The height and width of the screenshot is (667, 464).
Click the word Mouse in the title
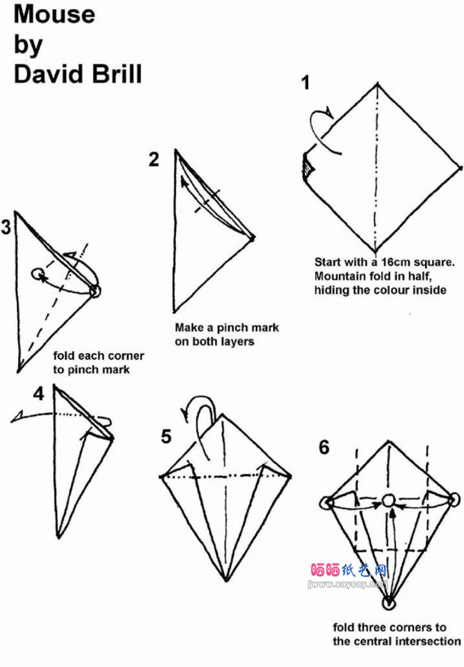(55, 14)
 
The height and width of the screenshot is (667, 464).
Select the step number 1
(305, 82)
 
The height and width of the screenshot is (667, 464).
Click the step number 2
(153, 160)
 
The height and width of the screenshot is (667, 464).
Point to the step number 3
(5, 227)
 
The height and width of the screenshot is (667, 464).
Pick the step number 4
(39, 393)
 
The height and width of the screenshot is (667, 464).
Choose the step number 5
(166, 436)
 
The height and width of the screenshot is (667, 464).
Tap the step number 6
(324, 447)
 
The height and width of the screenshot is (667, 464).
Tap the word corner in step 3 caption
(127, 356)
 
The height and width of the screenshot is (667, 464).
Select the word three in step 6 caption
(372, 627)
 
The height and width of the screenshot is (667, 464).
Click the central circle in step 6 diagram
(388, 501)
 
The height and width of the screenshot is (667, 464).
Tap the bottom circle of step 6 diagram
(388, 603)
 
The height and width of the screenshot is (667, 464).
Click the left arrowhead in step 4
(17, 416)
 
